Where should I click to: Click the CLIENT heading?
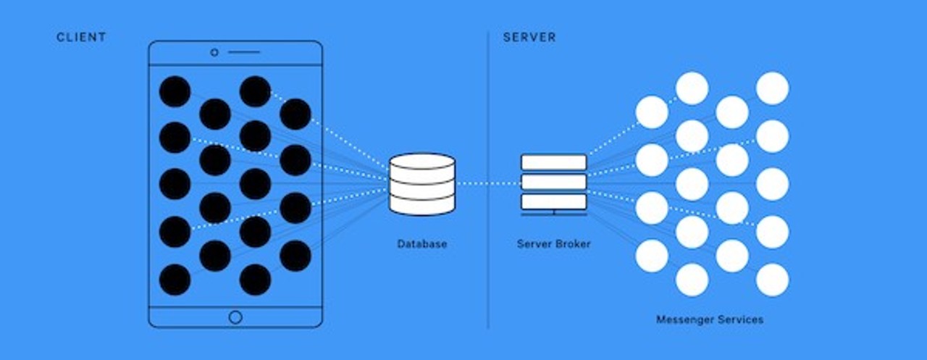[81, 37]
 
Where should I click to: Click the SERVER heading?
[529, 37]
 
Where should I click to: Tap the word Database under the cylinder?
[422, 244]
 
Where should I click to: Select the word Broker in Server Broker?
[573, 244]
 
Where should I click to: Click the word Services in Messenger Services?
[739, 319]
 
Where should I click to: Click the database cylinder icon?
[422, 184]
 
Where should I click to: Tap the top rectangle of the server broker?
[554, 162]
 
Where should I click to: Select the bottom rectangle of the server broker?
[554, 201]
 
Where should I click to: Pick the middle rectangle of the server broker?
[554, 182]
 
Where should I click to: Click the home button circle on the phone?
[235, 317]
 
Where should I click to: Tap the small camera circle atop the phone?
[214, 52]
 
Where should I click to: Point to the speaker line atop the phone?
[244, 52]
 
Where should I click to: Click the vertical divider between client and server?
[488, 181]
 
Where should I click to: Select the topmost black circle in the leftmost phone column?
[175, 91]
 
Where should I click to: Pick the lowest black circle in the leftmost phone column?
[175, 280]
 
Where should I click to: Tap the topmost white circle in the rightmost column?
[773, 88]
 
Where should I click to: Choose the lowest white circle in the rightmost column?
[773, 280]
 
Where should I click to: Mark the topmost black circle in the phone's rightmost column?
[295, 114]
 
